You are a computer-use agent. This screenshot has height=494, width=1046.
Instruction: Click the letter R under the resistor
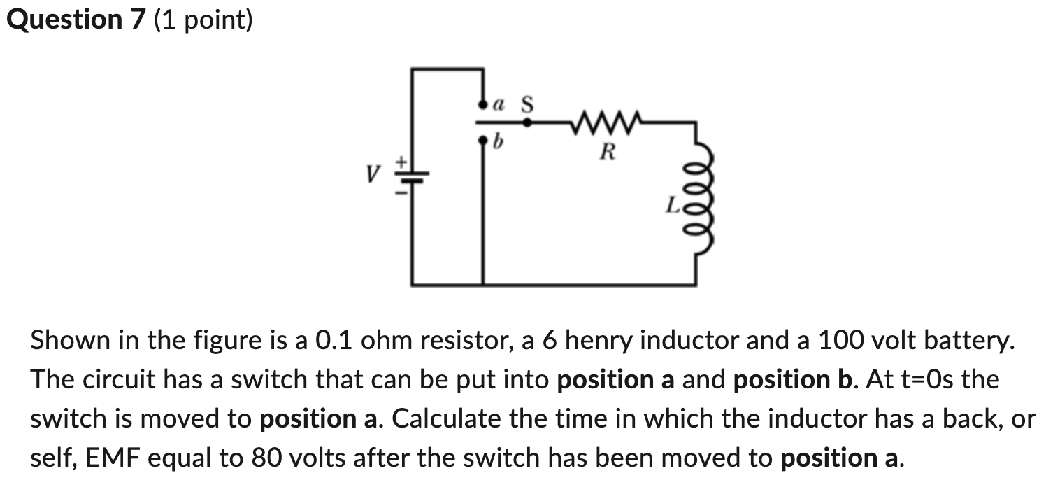click(x=608, y=150)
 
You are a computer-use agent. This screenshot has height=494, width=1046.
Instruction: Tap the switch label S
click(x=527, y=104)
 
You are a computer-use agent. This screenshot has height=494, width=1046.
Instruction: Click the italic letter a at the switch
click(x=499, y=105)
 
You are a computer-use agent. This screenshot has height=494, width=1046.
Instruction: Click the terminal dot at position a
click(x=482, y=106)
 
